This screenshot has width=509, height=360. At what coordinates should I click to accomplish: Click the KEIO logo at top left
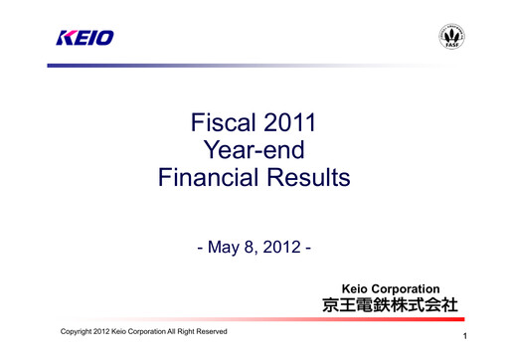(84, 38)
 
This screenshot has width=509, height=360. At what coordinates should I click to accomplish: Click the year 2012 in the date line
(287, 245)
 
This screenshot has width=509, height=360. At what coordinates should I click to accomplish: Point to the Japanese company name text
(390, 305)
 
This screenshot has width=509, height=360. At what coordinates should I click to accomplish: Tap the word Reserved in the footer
(207, 330)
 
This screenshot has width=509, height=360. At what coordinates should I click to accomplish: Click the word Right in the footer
(179, 330)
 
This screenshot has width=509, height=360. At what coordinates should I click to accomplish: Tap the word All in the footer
(162, 330)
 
